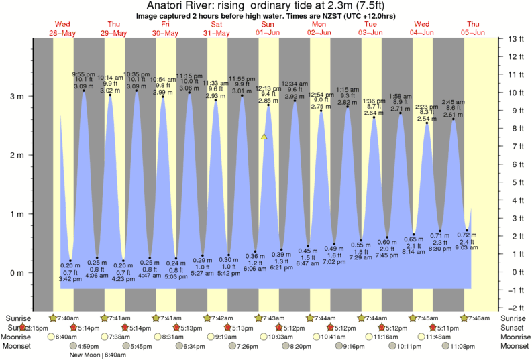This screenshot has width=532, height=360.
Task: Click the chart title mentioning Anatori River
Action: click(266, 6)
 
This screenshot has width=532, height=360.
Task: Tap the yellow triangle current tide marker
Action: click(264, 137)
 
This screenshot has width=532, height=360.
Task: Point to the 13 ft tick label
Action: click(516, 39)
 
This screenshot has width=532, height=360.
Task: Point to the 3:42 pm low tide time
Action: click(70, 278)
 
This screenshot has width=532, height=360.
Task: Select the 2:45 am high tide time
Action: click(454, 102)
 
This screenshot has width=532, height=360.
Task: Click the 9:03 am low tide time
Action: click(467, 247)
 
